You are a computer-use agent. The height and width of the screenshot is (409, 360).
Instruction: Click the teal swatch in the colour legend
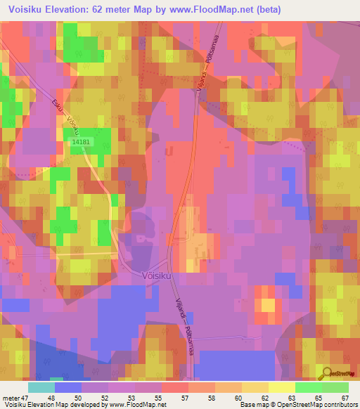click(x=41, y=387)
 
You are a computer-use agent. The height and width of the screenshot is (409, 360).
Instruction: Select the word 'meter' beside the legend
click(x=12, y=397)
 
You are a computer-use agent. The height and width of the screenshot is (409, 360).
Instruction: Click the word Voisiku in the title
click(x=30, y=9)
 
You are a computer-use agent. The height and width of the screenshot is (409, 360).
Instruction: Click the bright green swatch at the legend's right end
click(x=335, y=387)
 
